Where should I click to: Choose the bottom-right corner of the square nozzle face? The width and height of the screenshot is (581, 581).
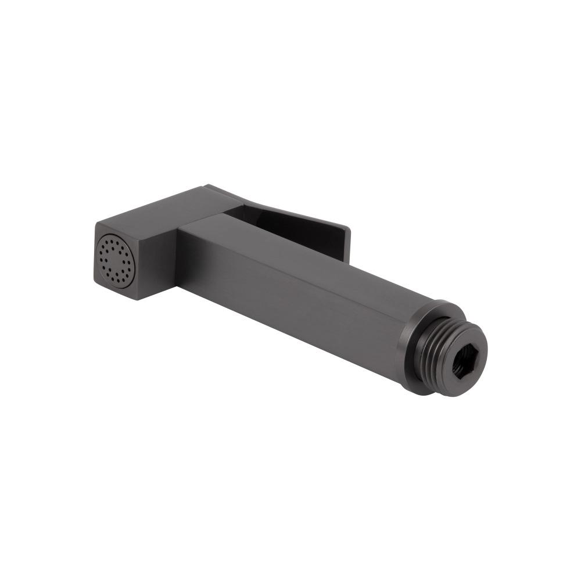140,299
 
